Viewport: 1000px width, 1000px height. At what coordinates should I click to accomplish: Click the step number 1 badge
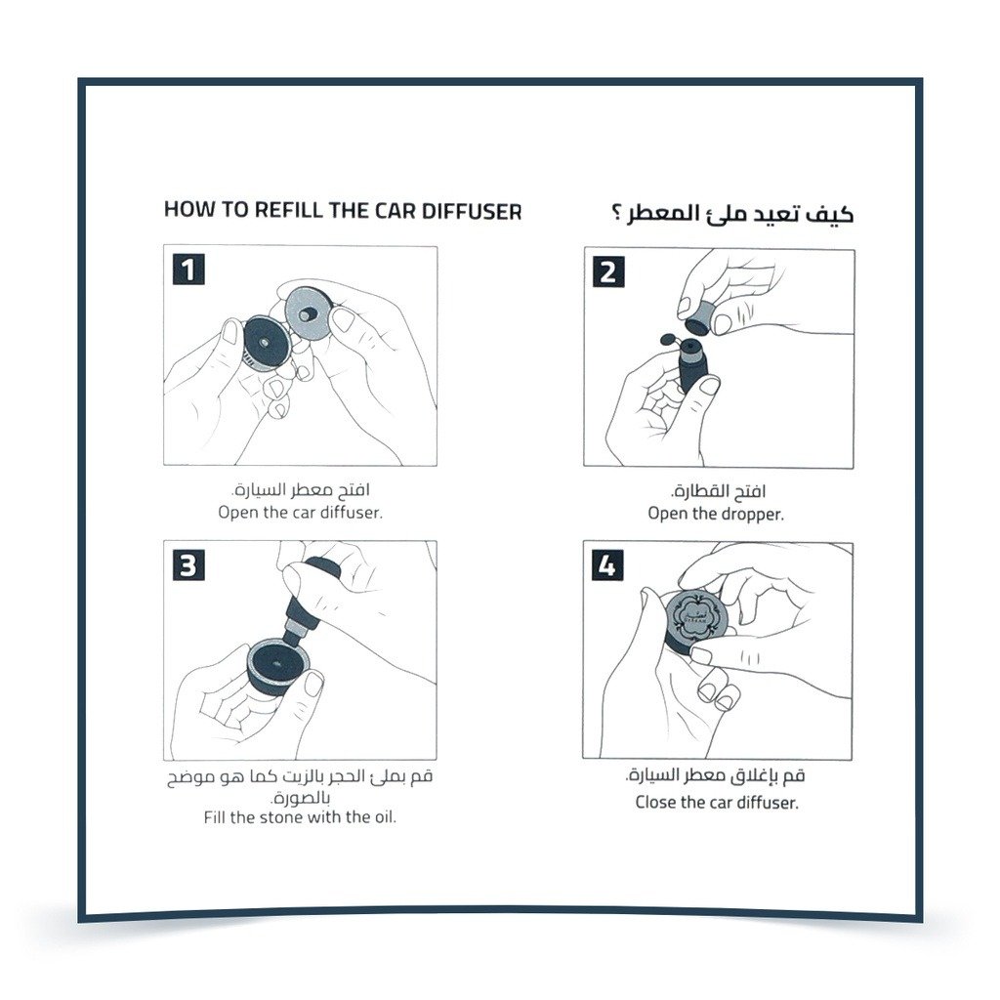(188, 270)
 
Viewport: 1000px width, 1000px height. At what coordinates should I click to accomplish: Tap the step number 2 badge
(608, 272)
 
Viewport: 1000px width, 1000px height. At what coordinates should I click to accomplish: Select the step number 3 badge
(188, 565)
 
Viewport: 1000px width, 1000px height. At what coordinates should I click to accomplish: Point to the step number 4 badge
(607, 565)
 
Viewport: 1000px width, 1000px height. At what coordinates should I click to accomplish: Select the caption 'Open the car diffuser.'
(301, 512)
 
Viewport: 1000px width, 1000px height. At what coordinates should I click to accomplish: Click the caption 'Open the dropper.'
(716, 514)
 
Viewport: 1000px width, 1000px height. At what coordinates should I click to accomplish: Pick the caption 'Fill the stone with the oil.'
(300, 817)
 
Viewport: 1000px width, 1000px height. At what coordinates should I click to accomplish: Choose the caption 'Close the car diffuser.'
(717, 803)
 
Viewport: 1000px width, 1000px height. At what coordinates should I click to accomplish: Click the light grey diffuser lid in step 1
(309, 312)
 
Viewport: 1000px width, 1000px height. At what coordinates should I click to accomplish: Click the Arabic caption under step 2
(718, 491)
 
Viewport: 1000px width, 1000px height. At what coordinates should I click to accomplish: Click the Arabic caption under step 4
(715, 775)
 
